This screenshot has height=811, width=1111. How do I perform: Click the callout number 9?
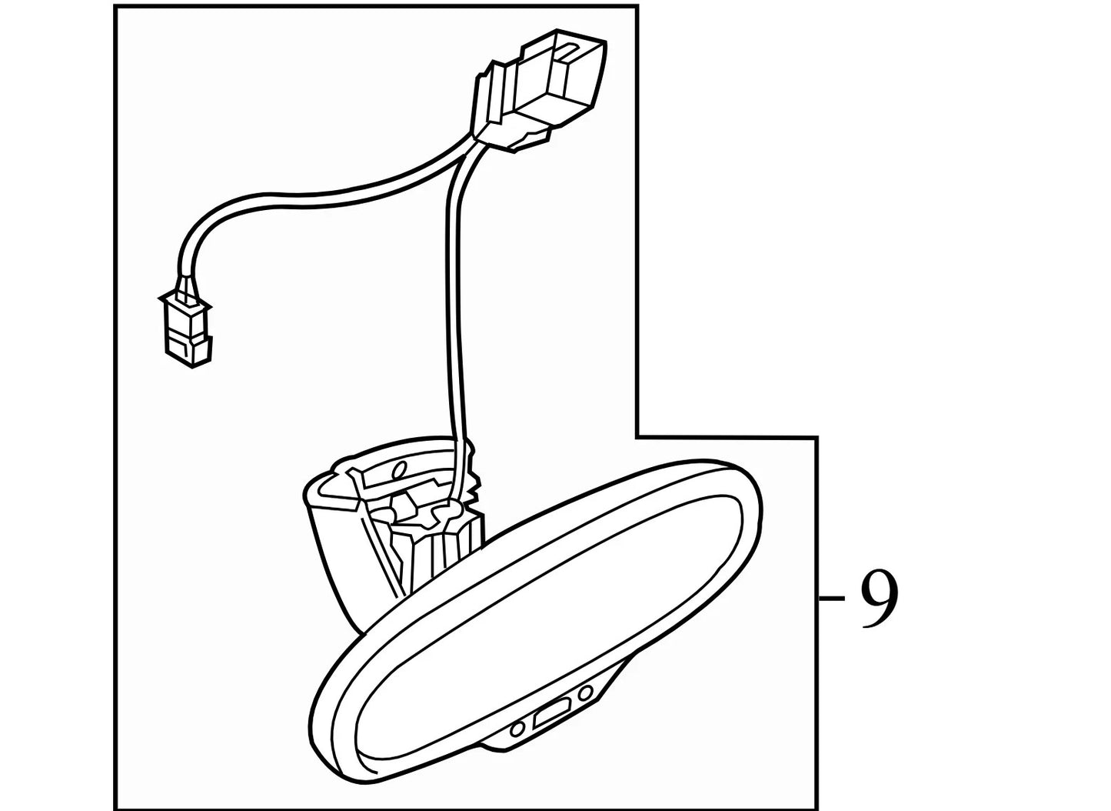pos(880,599)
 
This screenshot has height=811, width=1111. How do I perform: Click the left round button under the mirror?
pos(517,729)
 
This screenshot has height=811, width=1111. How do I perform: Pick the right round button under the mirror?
pos(586,692)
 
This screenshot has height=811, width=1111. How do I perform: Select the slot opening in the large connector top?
pos(570,49)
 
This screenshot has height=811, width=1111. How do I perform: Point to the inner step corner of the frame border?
pos(637,437)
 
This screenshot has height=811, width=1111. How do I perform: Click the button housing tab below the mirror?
pos(551,715)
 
